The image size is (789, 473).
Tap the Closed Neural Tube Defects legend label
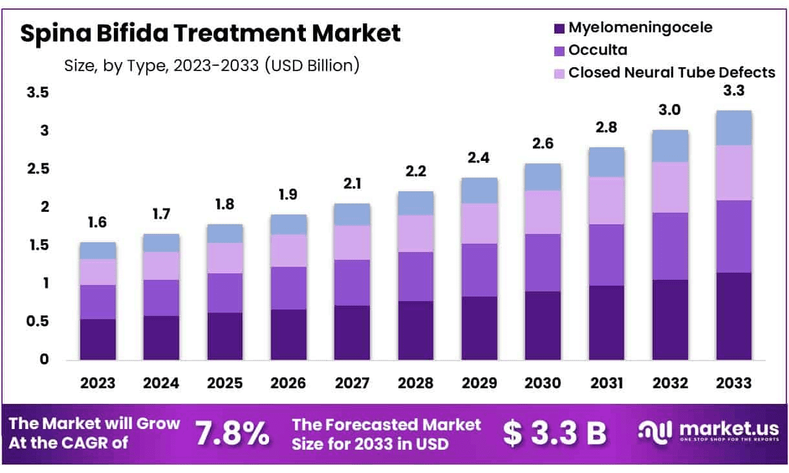pos(671,72)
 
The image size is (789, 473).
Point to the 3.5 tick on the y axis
pos(38,93)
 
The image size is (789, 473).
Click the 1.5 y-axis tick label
pos(38,245)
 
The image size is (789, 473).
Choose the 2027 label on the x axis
pos(352,383)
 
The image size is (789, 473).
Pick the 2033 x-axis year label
pos(733,383)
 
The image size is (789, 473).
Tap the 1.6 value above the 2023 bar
pos(98,223)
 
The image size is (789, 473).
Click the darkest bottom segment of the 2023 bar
pos(98,339)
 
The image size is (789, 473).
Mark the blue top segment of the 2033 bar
pos(733,128)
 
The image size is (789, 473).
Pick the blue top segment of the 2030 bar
pos(543,176)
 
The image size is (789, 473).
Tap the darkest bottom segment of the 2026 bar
pos(288,335)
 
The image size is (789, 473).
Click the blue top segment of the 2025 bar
pos(225,233)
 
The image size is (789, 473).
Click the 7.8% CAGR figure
pos(233,434)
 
